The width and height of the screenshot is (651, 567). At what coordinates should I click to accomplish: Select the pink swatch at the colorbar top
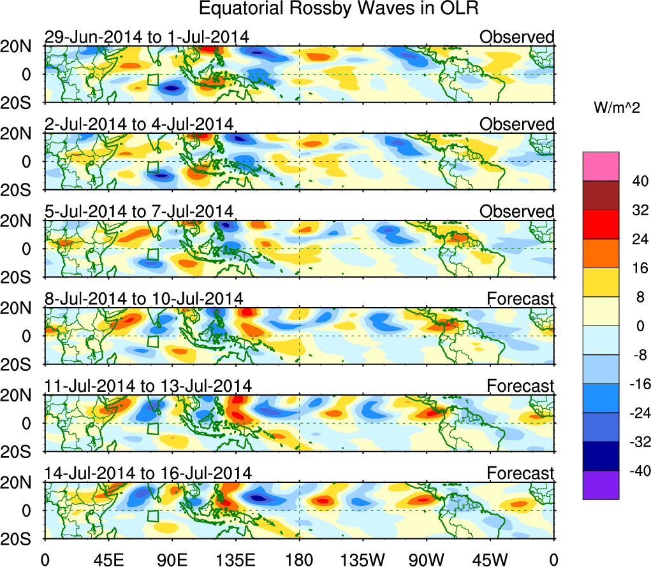600,166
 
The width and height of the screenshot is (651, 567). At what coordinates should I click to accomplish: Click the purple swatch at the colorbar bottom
600,485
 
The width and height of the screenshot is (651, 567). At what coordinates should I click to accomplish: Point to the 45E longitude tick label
108,559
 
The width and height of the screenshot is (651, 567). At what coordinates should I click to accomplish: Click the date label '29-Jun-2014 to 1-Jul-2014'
146,37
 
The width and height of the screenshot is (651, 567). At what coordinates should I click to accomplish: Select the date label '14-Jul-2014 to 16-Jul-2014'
148,473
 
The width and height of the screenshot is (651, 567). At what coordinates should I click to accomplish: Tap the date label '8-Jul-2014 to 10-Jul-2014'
143,299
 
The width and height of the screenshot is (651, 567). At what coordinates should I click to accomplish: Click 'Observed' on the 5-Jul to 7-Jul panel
517,212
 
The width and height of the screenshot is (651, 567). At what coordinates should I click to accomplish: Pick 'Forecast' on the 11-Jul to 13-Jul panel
521,386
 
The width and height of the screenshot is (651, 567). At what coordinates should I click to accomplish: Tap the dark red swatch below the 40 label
600,196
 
